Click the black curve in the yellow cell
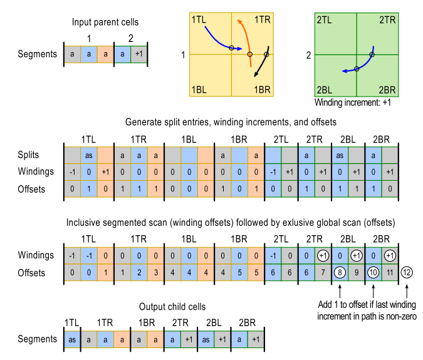pyautogui.click(x=264, y=63)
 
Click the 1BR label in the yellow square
pyautogui.click(x=262, y=90)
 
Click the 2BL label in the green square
pyautogui.click(x=325, y=90)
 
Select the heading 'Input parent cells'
pyautogui.click(x=105, y=23)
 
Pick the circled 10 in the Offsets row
pyautogui.click(x=373, y=272)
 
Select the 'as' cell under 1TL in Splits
pyautogui.click(x=89, y=154)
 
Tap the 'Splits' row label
pyautogui.click(x=30, y=154)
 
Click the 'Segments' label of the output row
pyautogui.click(x=38, y=339)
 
